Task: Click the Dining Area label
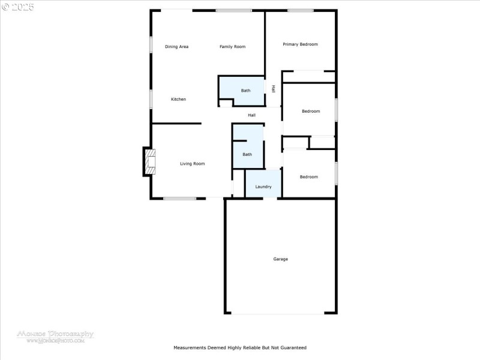pos(176,47)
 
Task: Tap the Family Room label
pos(232,47)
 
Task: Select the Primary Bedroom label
pos(300,44)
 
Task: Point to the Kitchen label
pos(178,99)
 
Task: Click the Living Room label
pos(193,163)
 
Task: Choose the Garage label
pos(280,259)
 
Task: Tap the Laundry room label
pos(263,187)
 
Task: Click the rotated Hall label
pos(274,89)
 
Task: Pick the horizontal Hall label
pos(251,115)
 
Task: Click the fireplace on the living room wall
pos(148,161)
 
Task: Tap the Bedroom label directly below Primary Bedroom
pos(311,111)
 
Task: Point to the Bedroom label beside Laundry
pos(309,176)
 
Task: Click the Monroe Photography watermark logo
pos(55,335)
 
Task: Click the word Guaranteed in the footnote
pos(292,347)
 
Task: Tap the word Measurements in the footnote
pos(190,347)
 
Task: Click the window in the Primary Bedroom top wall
pos(300,10)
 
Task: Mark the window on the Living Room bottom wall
pos(180,199)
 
